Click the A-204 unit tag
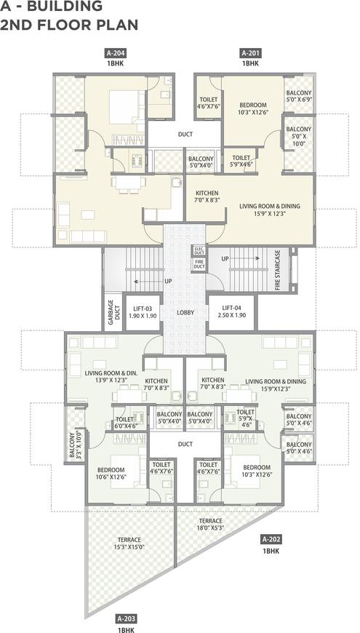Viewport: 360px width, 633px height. click(116, 53)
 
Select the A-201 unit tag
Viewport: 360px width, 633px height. click(250, 53)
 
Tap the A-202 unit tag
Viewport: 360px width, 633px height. click(271, 539)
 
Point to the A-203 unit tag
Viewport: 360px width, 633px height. click(124, 618)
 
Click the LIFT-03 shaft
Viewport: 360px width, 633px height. click(143, 313)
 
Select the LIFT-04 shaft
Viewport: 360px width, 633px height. click(232, 313)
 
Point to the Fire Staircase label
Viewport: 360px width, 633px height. click(278, 270)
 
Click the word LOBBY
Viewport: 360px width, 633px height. click(185, 312)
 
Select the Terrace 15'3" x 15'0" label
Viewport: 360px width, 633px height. click(129, 544)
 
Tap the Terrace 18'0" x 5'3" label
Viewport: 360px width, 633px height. click(210, 524)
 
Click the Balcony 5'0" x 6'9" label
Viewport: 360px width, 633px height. click(299, 95)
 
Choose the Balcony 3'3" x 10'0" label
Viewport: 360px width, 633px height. click(75, 446)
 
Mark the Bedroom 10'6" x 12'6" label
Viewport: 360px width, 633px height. click(111, 474)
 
